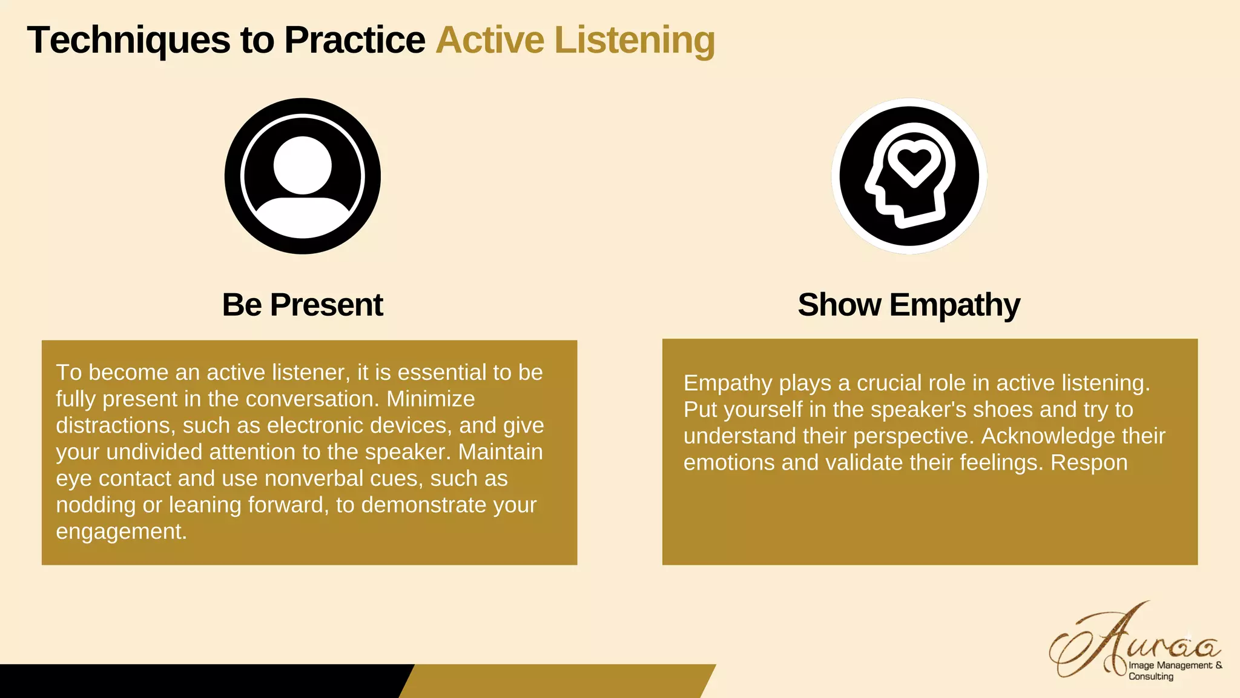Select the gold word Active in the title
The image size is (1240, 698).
[x=490, y=41]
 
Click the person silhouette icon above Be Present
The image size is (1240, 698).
[x=302, y=176]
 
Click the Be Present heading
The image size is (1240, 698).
[x=302, y=305]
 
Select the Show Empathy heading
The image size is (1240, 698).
[x=908, y=305]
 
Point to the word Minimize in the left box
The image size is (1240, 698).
[x=430, y=399]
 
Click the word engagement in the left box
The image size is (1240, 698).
[x=120, y=532]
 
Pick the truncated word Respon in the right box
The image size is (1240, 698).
[x=1089, y=463]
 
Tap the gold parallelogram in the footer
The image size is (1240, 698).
[x=557, y=681]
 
